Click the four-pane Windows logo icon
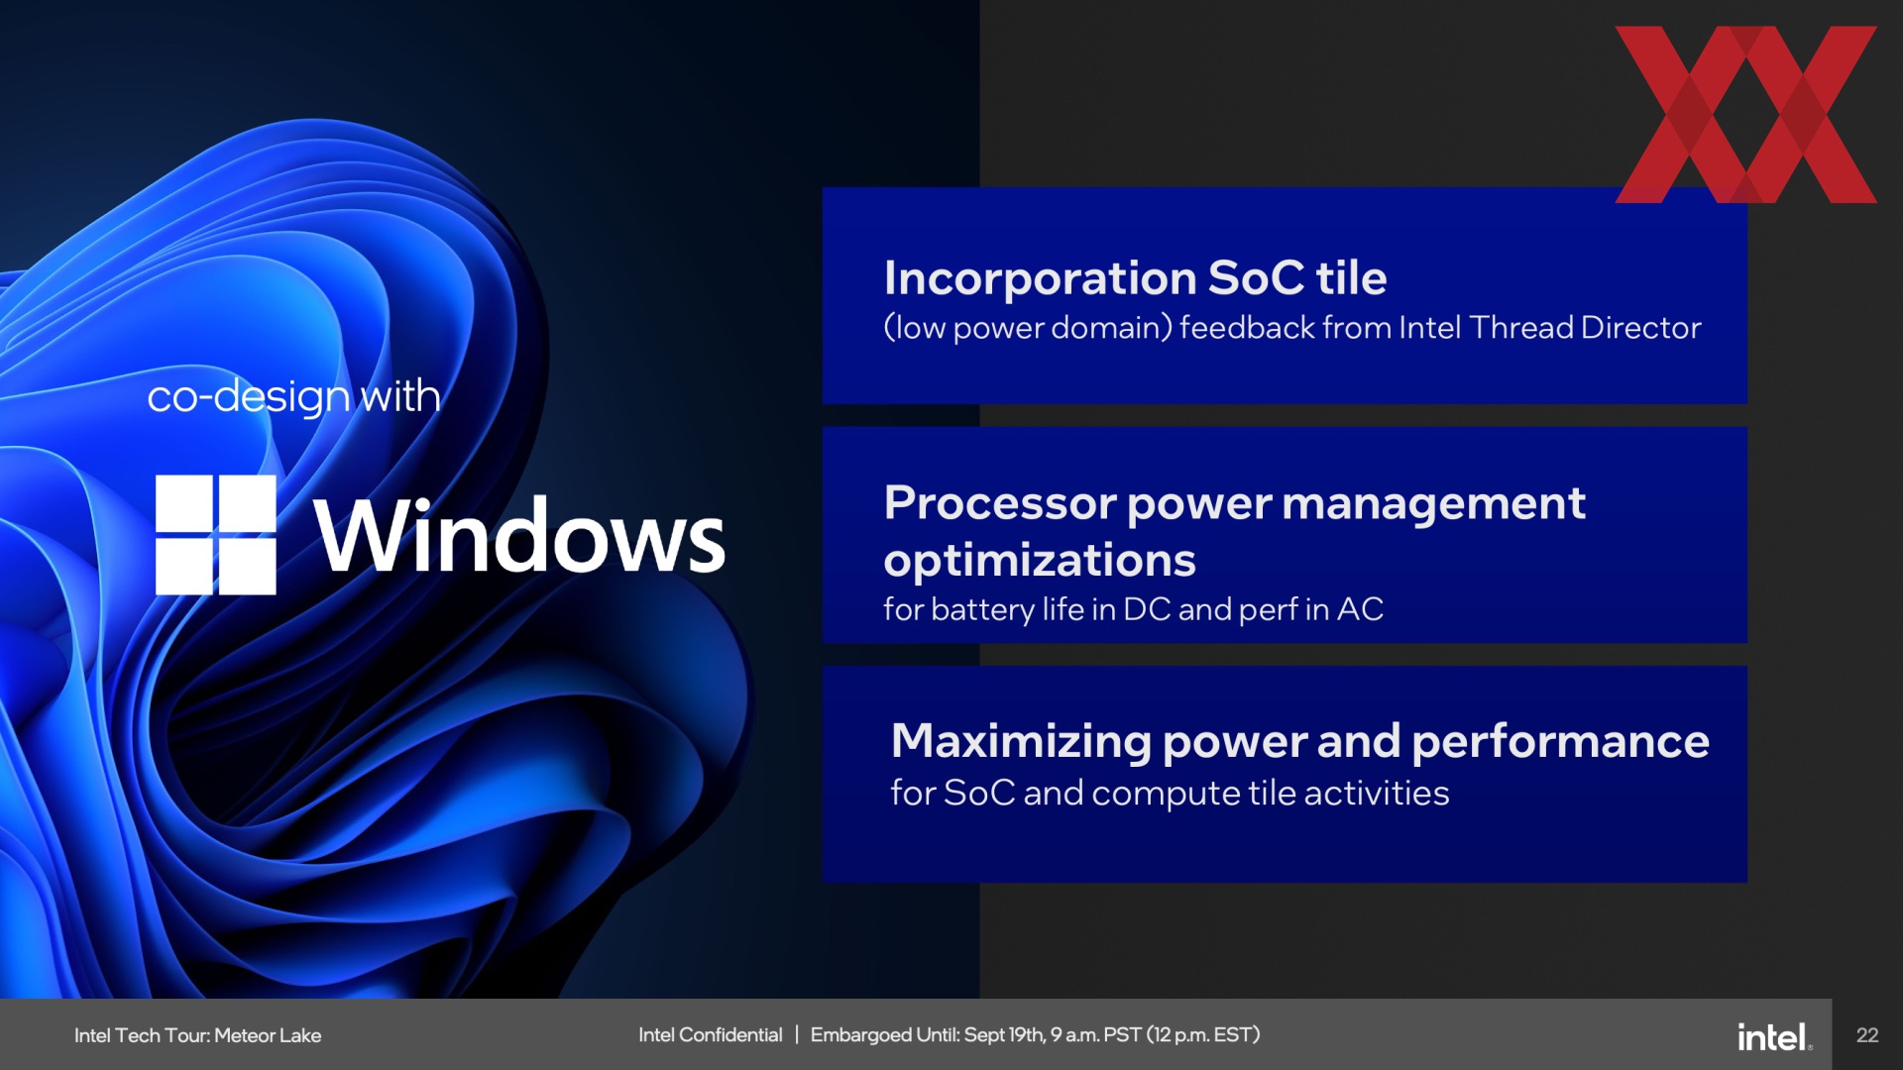pyautogui.click(x=215, y=535)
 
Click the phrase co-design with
pyautogui.click(x=293, y=397)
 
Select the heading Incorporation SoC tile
pyautogui.click(x=1135, y=278)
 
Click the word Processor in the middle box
pyautogui.click(x=999, y=503)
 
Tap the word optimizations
pyautogui.click(x=1040, y=562)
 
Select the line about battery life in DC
pyautogui.click(x=1133, y=609)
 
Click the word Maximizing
pyautogui.click(x=1021, y=742)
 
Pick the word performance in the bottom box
pyautogui.click(x=1560, y=742)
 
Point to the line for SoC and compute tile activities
pyautogui.click(x=1170, y=793)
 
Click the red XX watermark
pyautogui.click(x=1745, y=114)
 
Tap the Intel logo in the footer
pyautogui.click(x=1774, y=1036)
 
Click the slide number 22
pyautogui.click(x=1867, y=1035)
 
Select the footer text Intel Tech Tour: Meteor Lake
pyautogui.click(x=197, y=1035)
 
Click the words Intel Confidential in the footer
pyautogui.click(x=710, y=1034)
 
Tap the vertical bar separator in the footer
pyautogui.click(x=796, y=1034)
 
